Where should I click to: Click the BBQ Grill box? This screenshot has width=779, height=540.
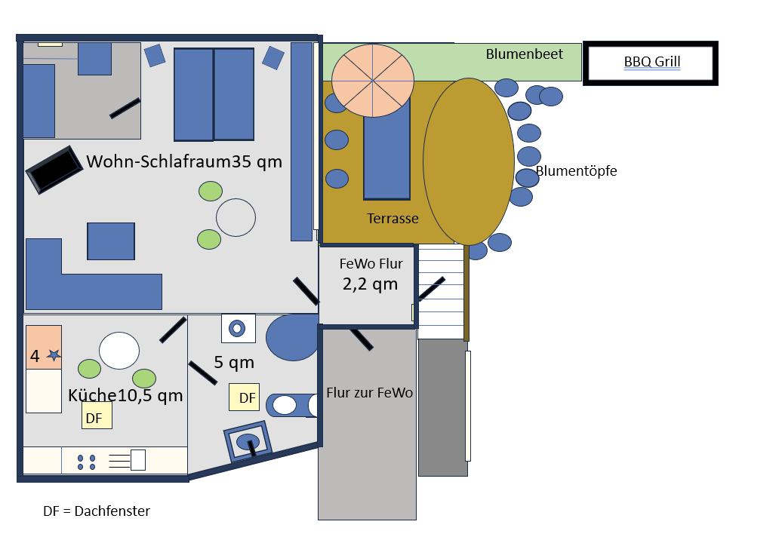(x=651, y=63)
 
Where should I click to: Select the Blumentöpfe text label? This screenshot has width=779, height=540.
(x=577, y=171)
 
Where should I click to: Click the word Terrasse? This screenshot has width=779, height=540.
(x=393, y=219)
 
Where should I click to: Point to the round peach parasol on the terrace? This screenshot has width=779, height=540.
(x=373, y=80)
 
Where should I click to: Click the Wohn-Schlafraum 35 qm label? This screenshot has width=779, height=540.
(x=184, y=161)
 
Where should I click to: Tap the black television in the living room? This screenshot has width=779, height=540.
(x=54, y=169)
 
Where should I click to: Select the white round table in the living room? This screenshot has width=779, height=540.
(x=236, y=217)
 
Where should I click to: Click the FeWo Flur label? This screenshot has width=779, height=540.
(x=371, y=264)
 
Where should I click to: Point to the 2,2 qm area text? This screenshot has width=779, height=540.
(x=370, y=284)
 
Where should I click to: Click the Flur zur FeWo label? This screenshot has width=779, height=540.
(x=369, y=393)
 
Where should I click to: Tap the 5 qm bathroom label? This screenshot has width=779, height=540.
(x=234, y=363)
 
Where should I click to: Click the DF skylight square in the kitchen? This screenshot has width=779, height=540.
(x=97, y=416)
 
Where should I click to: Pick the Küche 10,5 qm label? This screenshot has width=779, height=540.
(x=125, y=396)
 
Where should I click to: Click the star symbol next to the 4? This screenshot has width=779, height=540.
(x=54, y=355)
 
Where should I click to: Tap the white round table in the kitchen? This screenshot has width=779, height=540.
(x=119, y=351)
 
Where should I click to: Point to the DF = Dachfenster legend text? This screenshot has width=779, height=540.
(x=97, y=511)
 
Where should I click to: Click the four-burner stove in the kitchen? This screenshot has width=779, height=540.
(x=86, y=462)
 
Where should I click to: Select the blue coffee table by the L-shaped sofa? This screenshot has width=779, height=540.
(x=111, y=241)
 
